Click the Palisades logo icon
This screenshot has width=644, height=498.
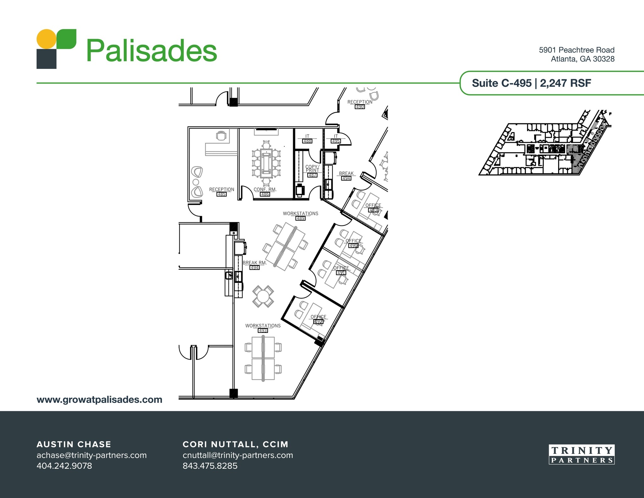(x=56, y=49)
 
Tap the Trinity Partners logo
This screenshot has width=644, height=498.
(x=581, y=454)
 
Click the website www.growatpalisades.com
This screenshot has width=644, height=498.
(x=99, y=400)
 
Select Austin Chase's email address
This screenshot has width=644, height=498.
(x=92, y=455)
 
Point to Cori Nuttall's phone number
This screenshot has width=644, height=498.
(x=210, y=466)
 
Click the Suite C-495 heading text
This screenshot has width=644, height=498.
(x=502, y=83)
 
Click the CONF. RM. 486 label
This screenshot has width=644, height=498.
(x=265, y=192)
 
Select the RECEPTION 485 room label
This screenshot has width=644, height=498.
(x=222, y=192)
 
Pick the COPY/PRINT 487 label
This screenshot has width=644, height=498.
(x=313, y=171)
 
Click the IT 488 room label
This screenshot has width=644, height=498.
(x=307, y=139)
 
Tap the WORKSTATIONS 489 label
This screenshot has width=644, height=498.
(x=301, y=216)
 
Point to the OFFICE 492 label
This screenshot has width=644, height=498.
(x=319, y=319)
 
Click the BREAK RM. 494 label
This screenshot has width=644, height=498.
(x=255, y=265)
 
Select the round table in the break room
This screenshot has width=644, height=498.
(x=263, y=296)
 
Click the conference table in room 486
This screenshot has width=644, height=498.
(x=266, y=163)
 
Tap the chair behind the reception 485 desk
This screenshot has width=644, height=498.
(x=221, y=136)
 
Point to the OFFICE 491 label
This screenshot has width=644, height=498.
(x=341, y=270)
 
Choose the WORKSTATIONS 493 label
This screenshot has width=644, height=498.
(x=263, y=328)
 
